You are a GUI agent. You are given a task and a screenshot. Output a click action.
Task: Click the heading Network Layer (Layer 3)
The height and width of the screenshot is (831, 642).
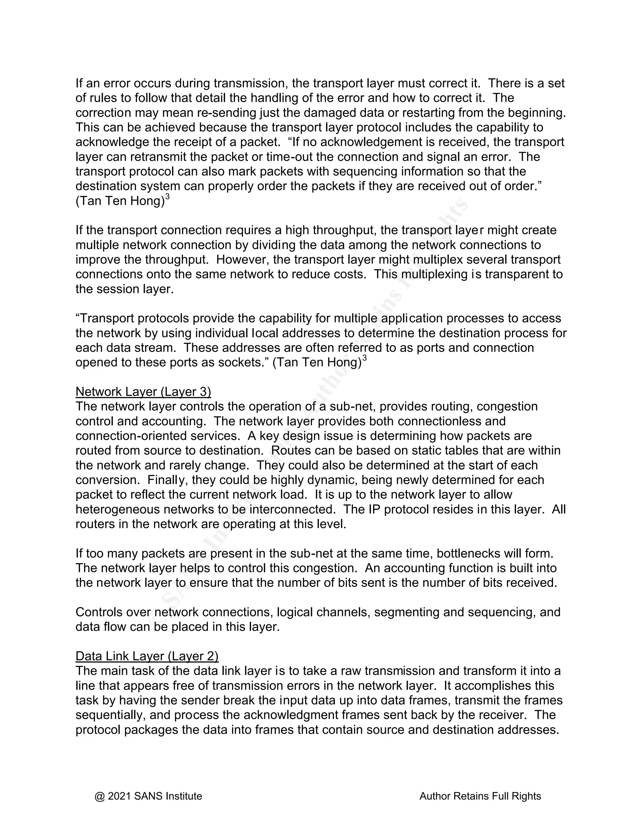[143, 392]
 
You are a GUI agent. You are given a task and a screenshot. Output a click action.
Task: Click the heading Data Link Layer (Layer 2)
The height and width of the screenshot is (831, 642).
[147, 656]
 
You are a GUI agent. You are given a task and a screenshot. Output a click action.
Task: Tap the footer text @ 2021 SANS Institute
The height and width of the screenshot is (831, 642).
[148, 796]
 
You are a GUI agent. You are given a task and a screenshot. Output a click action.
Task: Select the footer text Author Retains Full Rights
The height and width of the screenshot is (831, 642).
[480, 796]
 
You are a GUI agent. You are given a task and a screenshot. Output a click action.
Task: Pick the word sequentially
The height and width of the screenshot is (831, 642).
[109, 715]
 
